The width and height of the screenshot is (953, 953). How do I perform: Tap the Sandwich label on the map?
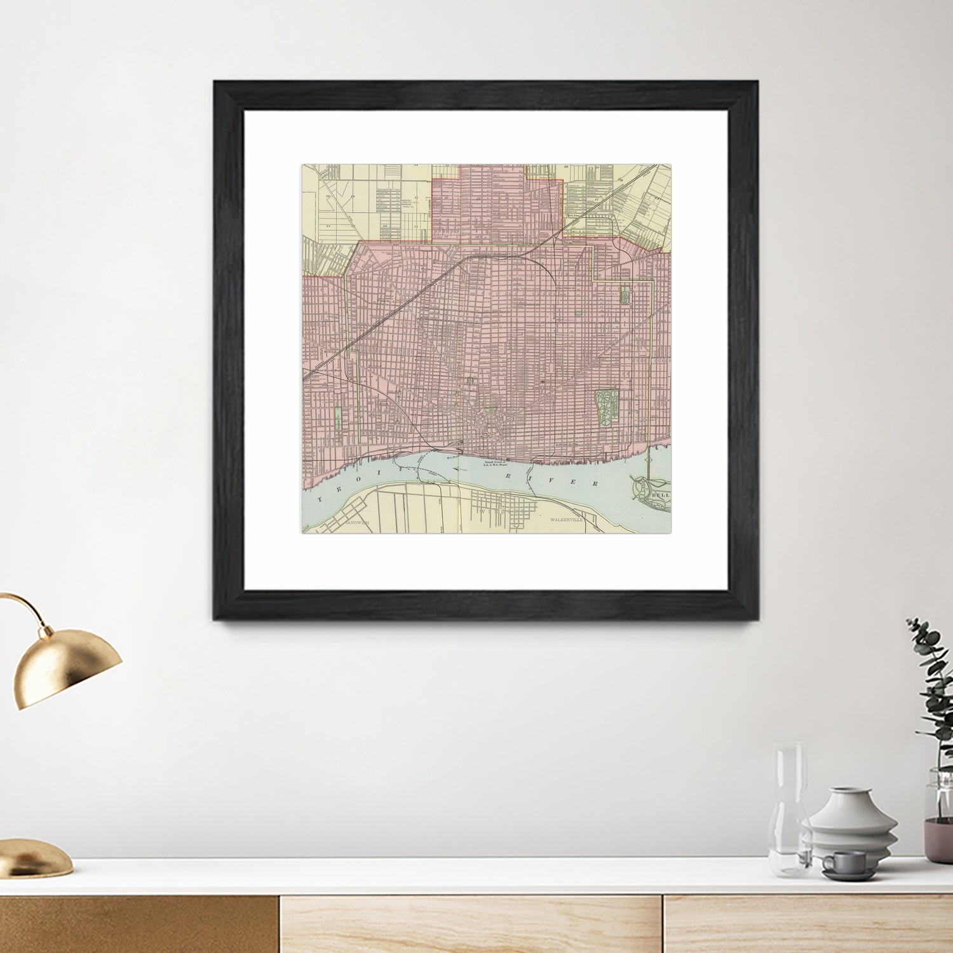[x=357, y=522]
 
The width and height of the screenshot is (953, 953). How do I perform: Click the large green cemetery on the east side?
[x=607, y=407]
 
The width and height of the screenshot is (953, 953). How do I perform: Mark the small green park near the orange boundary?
[x=624, y=294]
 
